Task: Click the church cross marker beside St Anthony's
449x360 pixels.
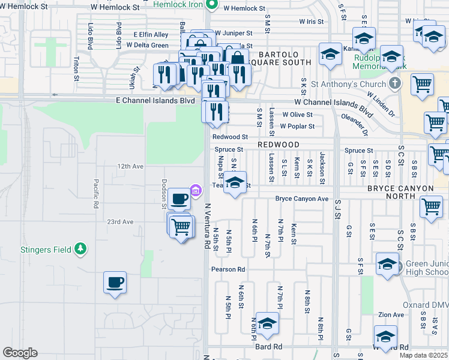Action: [x=395, y=83]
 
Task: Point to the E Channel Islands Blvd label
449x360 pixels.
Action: [x=158, y=101]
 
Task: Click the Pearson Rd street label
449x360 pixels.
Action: [x=228, y=269]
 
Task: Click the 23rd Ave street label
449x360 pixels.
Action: [x=120, y=221]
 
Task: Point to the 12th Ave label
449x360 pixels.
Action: [x=131, y=166]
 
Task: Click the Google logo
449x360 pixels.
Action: [x=20, y=353]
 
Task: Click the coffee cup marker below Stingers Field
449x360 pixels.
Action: [x=115, y=282]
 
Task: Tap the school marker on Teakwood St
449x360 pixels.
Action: [x=235, y=182]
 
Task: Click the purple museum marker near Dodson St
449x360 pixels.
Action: [x=195, y=191]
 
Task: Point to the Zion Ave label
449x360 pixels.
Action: [x=391, y=314]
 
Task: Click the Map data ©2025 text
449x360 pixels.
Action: [x=423, y=355]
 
